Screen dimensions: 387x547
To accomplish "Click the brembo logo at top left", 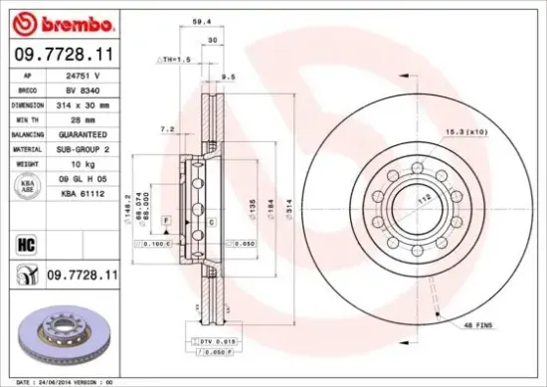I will pos(64,23).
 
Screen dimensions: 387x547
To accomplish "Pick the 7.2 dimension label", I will pos(167,129).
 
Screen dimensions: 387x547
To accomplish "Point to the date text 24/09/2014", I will pos(66,380).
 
